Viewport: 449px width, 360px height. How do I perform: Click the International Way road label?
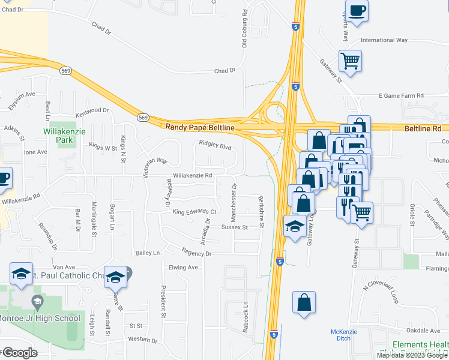(384, 40)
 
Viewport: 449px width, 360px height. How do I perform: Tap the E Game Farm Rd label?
(401, 95)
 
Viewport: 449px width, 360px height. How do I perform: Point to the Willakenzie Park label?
(58, 136)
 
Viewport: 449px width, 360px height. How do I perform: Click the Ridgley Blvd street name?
(215, 145)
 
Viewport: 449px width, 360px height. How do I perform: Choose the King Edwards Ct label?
(194, 212)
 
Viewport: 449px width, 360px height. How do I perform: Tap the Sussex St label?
(234, 227)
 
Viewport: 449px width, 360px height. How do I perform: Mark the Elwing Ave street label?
(183, 268)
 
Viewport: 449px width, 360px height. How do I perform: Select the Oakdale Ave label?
(422, 331)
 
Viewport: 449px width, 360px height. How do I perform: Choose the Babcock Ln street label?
(246, 314)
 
